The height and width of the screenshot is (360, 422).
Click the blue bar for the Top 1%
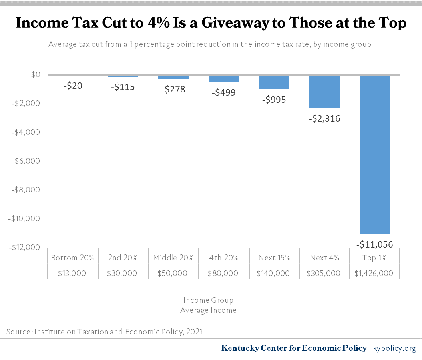[x=374, y=154]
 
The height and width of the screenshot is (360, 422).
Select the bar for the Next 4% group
[x=324, y=92]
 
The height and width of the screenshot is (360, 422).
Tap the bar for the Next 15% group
[x=274, y=82]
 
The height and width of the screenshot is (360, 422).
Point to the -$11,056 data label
[x=374, y=244]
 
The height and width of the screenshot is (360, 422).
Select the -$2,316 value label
[x=324, y=118]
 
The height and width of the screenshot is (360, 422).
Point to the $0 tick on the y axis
[x=36, y=75]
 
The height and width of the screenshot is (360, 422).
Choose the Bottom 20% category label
[x=72, y=258]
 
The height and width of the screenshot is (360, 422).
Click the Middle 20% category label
[x=173, y=258]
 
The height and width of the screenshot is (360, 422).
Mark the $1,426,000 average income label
[x=374, y=274]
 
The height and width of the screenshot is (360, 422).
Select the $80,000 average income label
[x=223, y=274]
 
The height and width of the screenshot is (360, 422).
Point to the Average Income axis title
[x=208, y=310]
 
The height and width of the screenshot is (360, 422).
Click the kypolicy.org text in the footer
[x=394, y=348]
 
